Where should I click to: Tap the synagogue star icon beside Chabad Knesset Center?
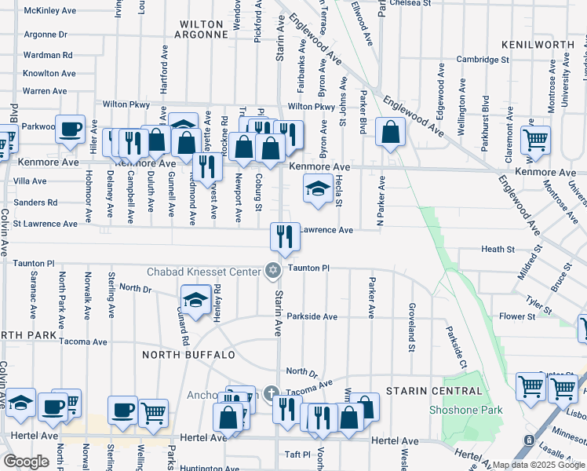[x=273, y=271]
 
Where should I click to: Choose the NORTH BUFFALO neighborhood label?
[x=188, y=355]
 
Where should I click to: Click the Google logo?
[x=26, y=461]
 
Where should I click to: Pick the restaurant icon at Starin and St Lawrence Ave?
[x=284, y=235]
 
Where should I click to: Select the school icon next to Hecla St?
[x=317, y=188]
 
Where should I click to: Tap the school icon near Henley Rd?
[x=195, y=298]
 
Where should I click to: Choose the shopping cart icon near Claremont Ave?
[x=535, y=140]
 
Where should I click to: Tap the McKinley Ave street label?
[x=49, y=11]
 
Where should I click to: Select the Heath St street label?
[x=498, y=249]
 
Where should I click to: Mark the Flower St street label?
[x=517, y=316]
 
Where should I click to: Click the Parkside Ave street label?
[x=312, y=316]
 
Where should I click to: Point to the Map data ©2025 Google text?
[x=538, y=465]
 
